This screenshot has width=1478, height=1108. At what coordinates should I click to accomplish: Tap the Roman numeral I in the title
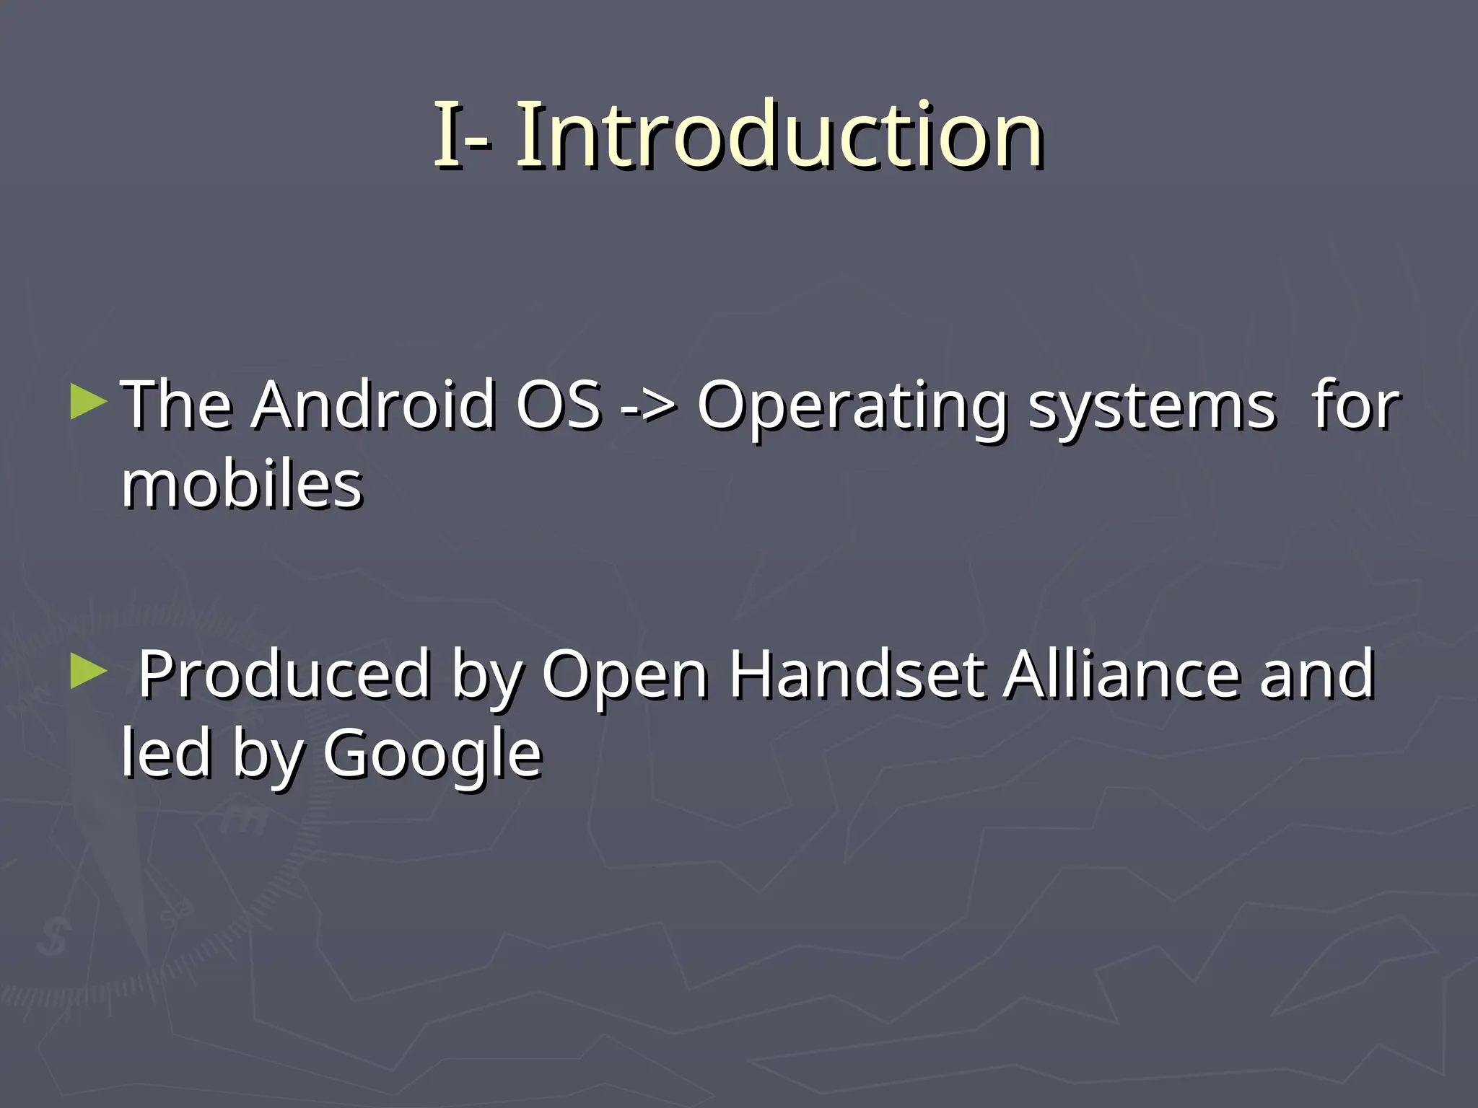tap(446, 136)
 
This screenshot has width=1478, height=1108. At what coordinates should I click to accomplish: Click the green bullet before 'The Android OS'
tap(89, 402)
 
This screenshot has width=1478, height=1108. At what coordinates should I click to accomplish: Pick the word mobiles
tap(242, 485)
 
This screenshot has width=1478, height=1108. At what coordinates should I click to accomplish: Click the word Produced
tap(284, 675)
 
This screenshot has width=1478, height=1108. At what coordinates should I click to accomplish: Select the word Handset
tap(857, 675)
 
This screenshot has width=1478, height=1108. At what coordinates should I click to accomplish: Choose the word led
tap(166, 753)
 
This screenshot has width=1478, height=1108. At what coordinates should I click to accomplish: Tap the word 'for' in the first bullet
tap(1356, 405)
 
